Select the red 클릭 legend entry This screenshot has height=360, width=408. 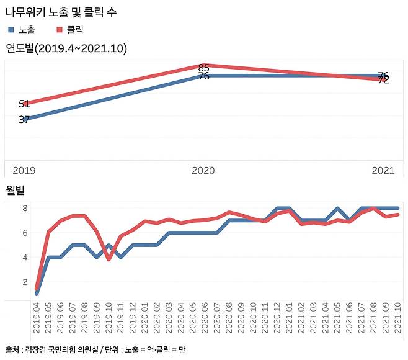[x=69, y=30]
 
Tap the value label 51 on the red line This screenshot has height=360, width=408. [x=24, y=104]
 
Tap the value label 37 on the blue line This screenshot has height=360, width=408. [x=24, y=119]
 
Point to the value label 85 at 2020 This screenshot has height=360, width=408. [x=203, y=67]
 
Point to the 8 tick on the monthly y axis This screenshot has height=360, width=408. [x=25, y=209]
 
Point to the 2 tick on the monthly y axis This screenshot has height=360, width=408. [x=25, y=282]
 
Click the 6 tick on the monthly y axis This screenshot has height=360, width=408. [x=25, y=233]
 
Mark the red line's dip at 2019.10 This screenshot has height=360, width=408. [x=109, y=259]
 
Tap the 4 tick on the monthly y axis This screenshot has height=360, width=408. [x=25, y=257]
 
